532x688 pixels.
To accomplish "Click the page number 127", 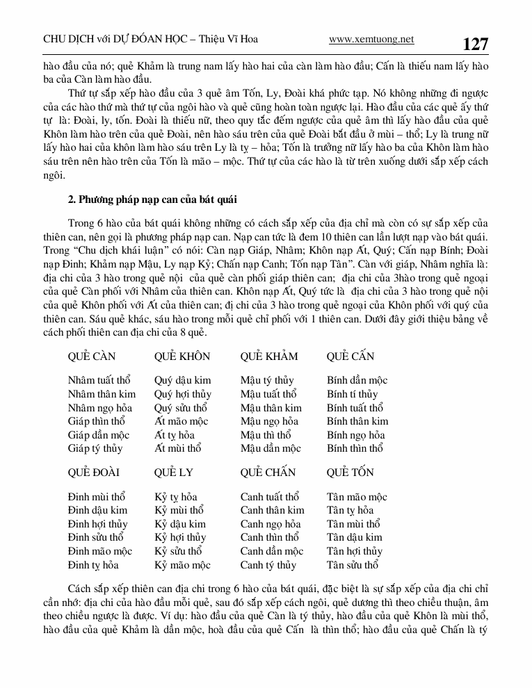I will (476, 44).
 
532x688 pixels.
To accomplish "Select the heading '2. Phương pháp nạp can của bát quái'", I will (152, 200).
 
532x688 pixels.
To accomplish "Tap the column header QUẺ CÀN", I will (92, 357).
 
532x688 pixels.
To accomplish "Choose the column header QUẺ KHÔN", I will (182, 357).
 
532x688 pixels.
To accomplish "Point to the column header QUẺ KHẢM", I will (269, 357).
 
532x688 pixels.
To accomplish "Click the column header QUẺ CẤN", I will (350, 357).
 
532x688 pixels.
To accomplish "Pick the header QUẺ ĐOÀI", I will (94, 473).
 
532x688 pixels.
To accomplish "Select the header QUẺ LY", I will (174, 473).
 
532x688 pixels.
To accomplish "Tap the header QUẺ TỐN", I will (350, 473).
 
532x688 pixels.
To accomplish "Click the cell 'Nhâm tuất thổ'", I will (99, 380).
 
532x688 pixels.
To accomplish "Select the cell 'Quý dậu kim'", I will (183, 380).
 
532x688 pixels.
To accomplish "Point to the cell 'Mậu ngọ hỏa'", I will (269, 421).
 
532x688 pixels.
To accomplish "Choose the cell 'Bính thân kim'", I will (357, 421).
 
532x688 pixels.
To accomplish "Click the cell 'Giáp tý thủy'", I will (95, 448).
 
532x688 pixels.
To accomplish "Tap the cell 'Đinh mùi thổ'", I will (97, 497).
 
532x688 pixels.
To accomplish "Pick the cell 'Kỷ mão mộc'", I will (182, 565).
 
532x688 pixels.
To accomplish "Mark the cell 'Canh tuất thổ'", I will (270, 497).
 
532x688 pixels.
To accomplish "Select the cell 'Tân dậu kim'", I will (355, 537).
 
